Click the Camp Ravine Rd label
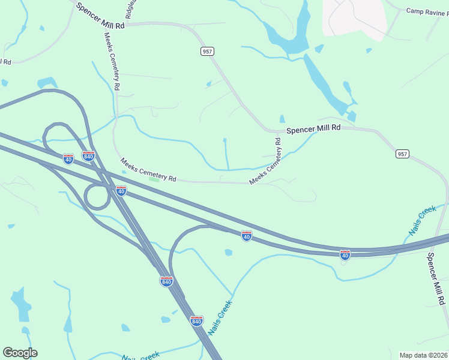coord(427,11)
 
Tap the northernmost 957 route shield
coord(207,52)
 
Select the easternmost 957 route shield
coord(402,154)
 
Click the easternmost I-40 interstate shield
coord(345,254)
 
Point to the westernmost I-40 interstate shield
coord(68,158)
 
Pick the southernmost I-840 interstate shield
coord(196,320)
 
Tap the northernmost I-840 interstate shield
coord(88,156)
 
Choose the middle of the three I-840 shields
coord(166,281)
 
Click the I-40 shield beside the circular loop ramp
coord(121,190)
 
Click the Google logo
coord(20,353)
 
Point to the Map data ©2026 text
coord(423,355)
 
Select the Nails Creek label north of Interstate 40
coord(423,220)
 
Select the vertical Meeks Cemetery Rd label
coord(112,70)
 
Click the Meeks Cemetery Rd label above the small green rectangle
coord(148,170)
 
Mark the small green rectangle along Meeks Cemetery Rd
coord(154,179)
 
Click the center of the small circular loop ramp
coord(96,196)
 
